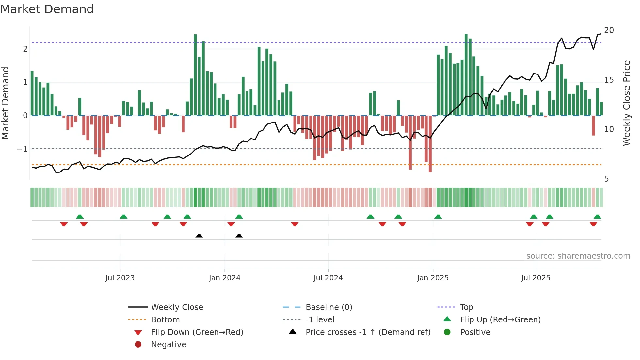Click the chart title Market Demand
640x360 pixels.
coord(47,9)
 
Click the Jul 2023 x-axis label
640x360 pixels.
coord(120,278)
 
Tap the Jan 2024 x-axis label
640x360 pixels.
coord(225,278)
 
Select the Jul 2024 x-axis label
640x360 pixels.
coord(328,278)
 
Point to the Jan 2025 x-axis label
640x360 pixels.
coord(433,278)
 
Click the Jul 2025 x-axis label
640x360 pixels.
coord(536,278)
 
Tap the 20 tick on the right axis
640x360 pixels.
coord(609,30)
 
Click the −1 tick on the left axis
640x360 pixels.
coord(23,149)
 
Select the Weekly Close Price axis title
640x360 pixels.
coord(626,103)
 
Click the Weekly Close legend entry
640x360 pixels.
coord(177,307)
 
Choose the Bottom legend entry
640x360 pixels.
coord(165,320)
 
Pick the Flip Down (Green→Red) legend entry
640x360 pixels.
coord(197,332)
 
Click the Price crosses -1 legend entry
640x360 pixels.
coord(368,332)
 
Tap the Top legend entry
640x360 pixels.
coord(467,307)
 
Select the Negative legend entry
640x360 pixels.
coord(168,345)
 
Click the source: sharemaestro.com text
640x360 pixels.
coord(578,256)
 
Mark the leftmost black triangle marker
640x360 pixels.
coord(199,236)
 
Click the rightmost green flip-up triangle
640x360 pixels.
coord(597,217)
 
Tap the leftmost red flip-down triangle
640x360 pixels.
coord(64,224)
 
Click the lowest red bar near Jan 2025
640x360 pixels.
coord(430,170)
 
